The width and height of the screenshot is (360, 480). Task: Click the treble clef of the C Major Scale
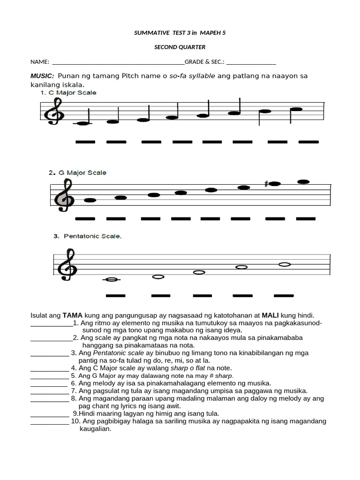(x=55, y=114)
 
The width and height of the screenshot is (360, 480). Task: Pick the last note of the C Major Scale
(x=296, y=109)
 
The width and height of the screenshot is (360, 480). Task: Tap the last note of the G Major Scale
(x=304, y=181)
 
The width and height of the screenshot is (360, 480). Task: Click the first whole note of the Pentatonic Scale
(x=112, y=279)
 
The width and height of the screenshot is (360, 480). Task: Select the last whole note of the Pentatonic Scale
(x=285, y=264)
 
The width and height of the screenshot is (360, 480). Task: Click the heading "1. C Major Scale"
(x=68, y=93)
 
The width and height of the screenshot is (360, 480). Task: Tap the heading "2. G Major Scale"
(x=77, y=172)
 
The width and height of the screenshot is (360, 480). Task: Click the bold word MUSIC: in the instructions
(x=43, y=76)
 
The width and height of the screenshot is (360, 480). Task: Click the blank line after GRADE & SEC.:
(x=251, y=62)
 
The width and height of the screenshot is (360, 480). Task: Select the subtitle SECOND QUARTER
(x=180, y=47)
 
